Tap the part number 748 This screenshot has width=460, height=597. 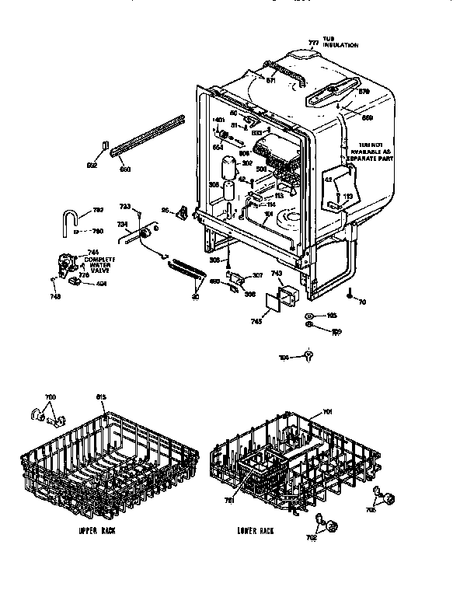[x=54, y=295]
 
